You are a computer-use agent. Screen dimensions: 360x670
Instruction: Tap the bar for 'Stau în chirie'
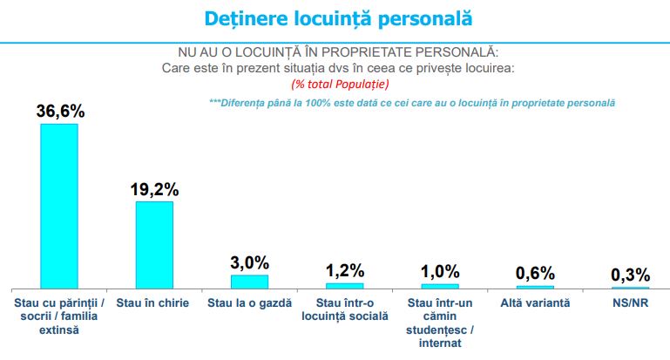coord(154,244)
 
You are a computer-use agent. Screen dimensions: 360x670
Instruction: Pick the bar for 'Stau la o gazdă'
coord(249,281)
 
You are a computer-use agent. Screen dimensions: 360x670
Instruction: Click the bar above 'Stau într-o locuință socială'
coord(344,285)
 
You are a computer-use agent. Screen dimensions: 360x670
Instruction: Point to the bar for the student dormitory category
coord(439,285)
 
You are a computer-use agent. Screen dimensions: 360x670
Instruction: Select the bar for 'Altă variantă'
coord(535,286)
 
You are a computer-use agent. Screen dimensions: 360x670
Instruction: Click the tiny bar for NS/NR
coord(630,287)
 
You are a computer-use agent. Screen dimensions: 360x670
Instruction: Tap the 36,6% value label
coord(60,112)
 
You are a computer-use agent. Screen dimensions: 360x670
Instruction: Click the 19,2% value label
coord(154,189)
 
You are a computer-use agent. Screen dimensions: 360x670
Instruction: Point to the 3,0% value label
coord(250,262)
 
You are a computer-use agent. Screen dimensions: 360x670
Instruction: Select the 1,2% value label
coord(345,270)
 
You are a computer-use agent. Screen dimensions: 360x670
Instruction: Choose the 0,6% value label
coord(535,273)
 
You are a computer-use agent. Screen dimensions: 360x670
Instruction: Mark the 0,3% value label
coord(630,275)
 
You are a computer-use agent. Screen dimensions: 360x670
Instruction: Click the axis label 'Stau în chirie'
coord(154,303)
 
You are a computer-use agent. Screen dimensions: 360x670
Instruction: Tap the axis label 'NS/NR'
coord(630,303)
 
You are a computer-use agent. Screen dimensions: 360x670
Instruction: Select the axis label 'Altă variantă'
coord(535,303)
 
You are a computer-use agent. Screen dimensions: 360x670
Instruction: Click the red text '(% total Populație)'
coord(339,84)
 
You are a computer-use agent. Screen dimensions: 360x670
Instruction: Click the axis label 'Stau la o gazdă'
coord(249,303)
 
